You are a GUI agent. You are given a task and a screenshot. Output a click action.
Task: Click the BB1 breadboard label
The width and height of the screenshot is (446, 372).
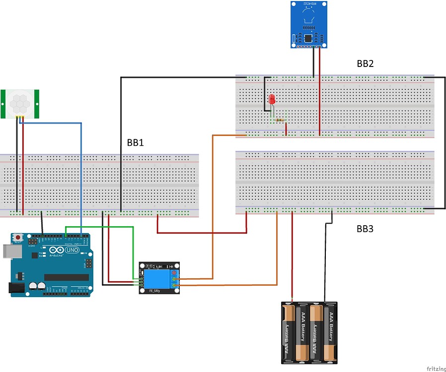(x=135, y=143)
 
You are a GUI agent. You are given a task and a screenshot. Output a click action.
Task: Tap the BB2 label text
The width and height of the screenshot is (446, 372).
(x=365, y=63)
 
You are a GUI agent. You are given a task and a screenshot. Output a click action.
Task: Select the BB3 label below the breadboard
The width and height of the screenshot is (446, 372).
(x=365, y=229)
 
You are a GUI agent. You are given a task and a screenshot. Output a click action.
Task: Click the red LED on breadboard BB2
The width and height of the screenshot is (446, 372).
(x=272, y=99)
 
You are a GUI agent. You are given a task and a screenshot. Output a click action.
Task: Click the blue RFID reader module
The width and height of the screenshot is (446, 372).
(x=309, y=25)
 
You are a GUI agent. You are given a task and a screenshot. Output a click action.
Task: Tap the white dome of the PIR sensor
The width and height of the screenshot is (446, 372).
(x=21, y=103)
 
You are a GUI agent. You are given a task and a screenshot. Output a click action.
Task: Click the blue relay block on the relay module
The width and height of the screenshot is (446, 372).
(x=157, y=277)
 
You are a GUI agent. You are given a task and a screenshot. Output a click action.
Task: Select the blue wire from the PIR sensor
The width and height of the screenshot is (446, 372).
(x=81, y=169)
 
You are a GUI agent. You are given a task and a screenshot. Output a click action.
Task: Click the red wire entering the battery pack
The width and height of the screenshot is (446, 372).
(x=292, y=258)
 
